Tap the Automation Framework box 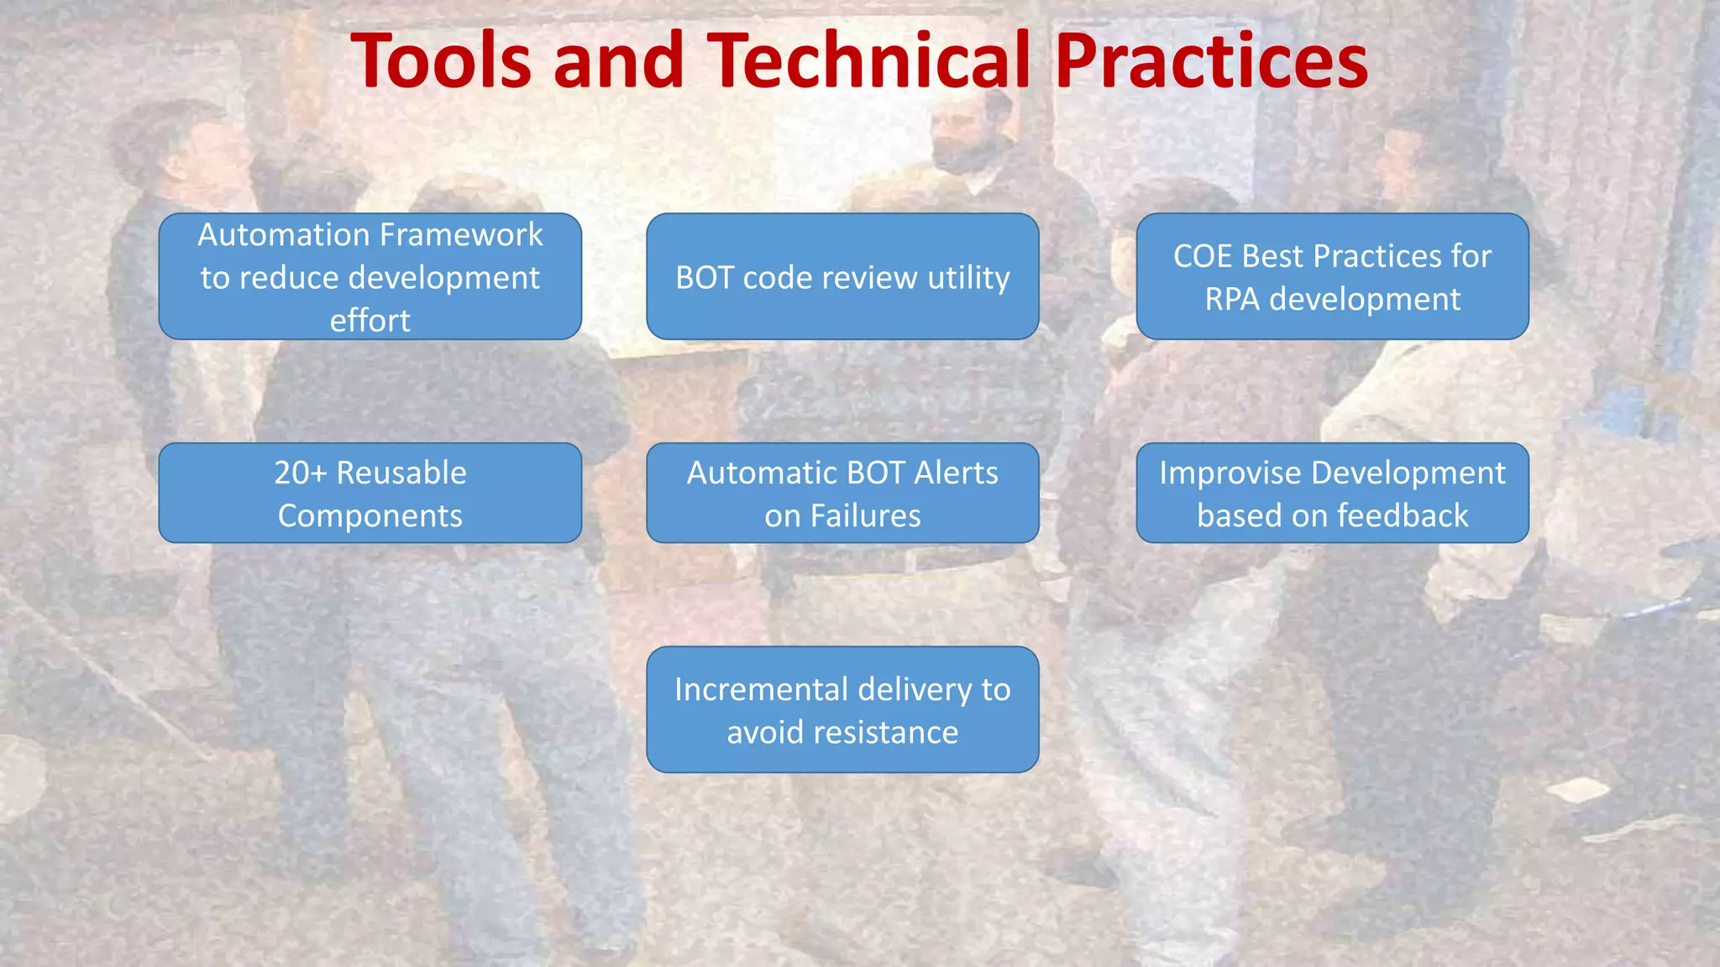[x=370, y=276]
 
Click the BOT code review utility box [x=842, y=276]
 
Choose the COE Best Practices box [x=1332, y=276]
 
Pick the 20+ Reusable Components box [x=370, y=493]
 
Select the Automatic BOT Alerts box [x=842, y=493]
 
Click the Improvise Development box [x=1332, y=493]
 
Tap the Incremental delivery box [x=842, y=709]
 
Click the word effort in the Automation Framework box [x=370, y=321]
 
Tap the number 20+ [x=300, y=473]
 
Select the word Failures [x=865, y=515]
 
